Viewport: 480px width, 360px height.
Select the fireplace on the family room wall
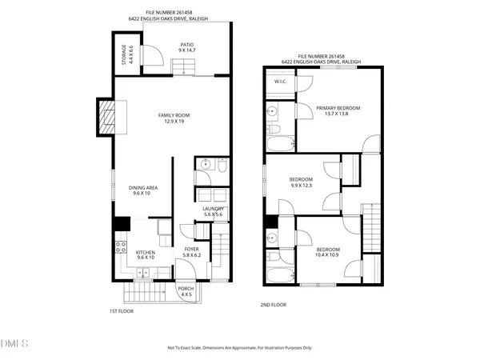(106, 117)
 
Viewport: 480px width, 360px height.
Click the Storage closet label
(124, 54)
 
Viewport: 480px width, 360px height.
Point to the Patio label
(186, 45)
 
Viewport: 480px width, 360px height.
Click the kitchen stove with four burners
(122, 247)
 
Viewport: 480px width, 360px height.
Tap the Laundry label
(213, 209)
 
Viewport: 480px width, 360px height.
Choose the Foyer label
(192, 249)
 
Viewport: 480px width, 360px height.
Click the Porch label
(186, 289)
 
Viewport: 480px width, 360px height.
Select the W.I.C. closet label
(281, 82)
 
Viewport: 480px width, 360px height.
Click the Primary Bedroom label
(338, 108)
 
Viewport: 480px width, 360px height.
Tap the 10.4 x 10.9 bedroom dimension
(327, 254)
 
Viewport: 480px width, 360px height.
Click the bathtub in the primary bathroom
(280, 144)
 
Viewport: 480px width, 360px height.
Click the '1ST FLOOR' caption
(121, 310)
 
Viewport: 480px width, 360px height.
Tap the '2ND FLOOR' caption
(273, 305)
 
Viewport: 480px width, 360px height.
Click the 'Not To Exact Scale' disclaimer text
(240, 348)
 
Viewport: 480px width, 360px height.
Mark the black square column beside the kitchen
(122, 224)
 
